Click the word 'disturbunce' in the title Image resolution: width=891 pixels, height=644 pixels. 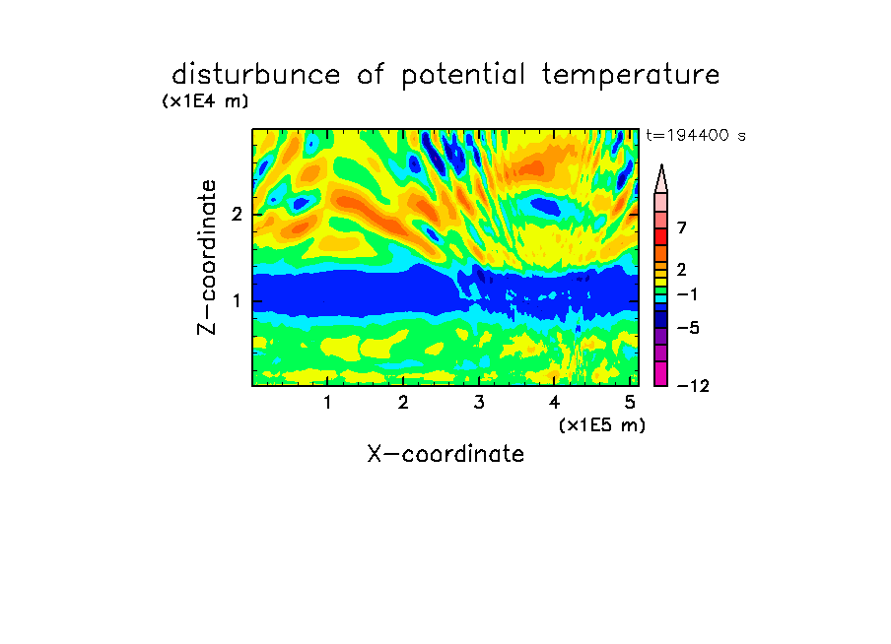256,75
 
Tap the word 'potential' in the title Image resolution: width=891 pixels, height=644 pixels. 463,76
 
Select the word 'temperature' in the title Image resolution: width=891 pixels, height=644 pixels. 631,76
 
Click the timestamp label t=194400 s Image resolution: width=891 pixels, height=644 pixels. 696,136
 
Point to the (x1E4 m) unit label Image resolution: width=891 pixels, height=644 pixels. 205,101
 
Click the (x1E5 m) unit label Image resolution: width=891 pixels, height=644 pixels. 602,424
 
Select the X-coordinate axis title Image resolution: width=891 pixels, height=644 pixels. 445,454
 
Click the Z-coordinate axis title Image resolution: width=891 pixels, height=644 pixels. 207,257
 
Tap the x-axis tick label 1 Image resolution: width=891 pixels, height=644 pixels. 328,403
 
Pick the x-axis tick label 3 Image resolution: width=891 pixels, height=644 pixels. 479,403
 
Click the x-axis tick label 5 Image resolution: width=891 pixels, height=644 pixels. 630,403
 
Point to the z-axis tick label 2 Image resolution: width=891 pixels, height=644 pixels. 237,215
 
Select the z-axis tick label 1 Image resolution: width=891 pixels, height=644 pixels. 237,300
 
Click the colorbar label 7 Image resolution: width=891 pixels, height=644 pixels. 682,227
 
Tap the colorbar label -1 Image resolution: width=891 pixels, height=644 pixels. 687,294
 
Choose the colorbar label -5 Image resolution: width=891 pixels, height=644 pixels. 688,328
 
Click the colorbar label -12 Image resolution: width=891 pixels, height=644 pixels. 693,386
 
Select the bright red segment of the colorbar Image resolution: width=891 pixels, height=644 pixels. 661,236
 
